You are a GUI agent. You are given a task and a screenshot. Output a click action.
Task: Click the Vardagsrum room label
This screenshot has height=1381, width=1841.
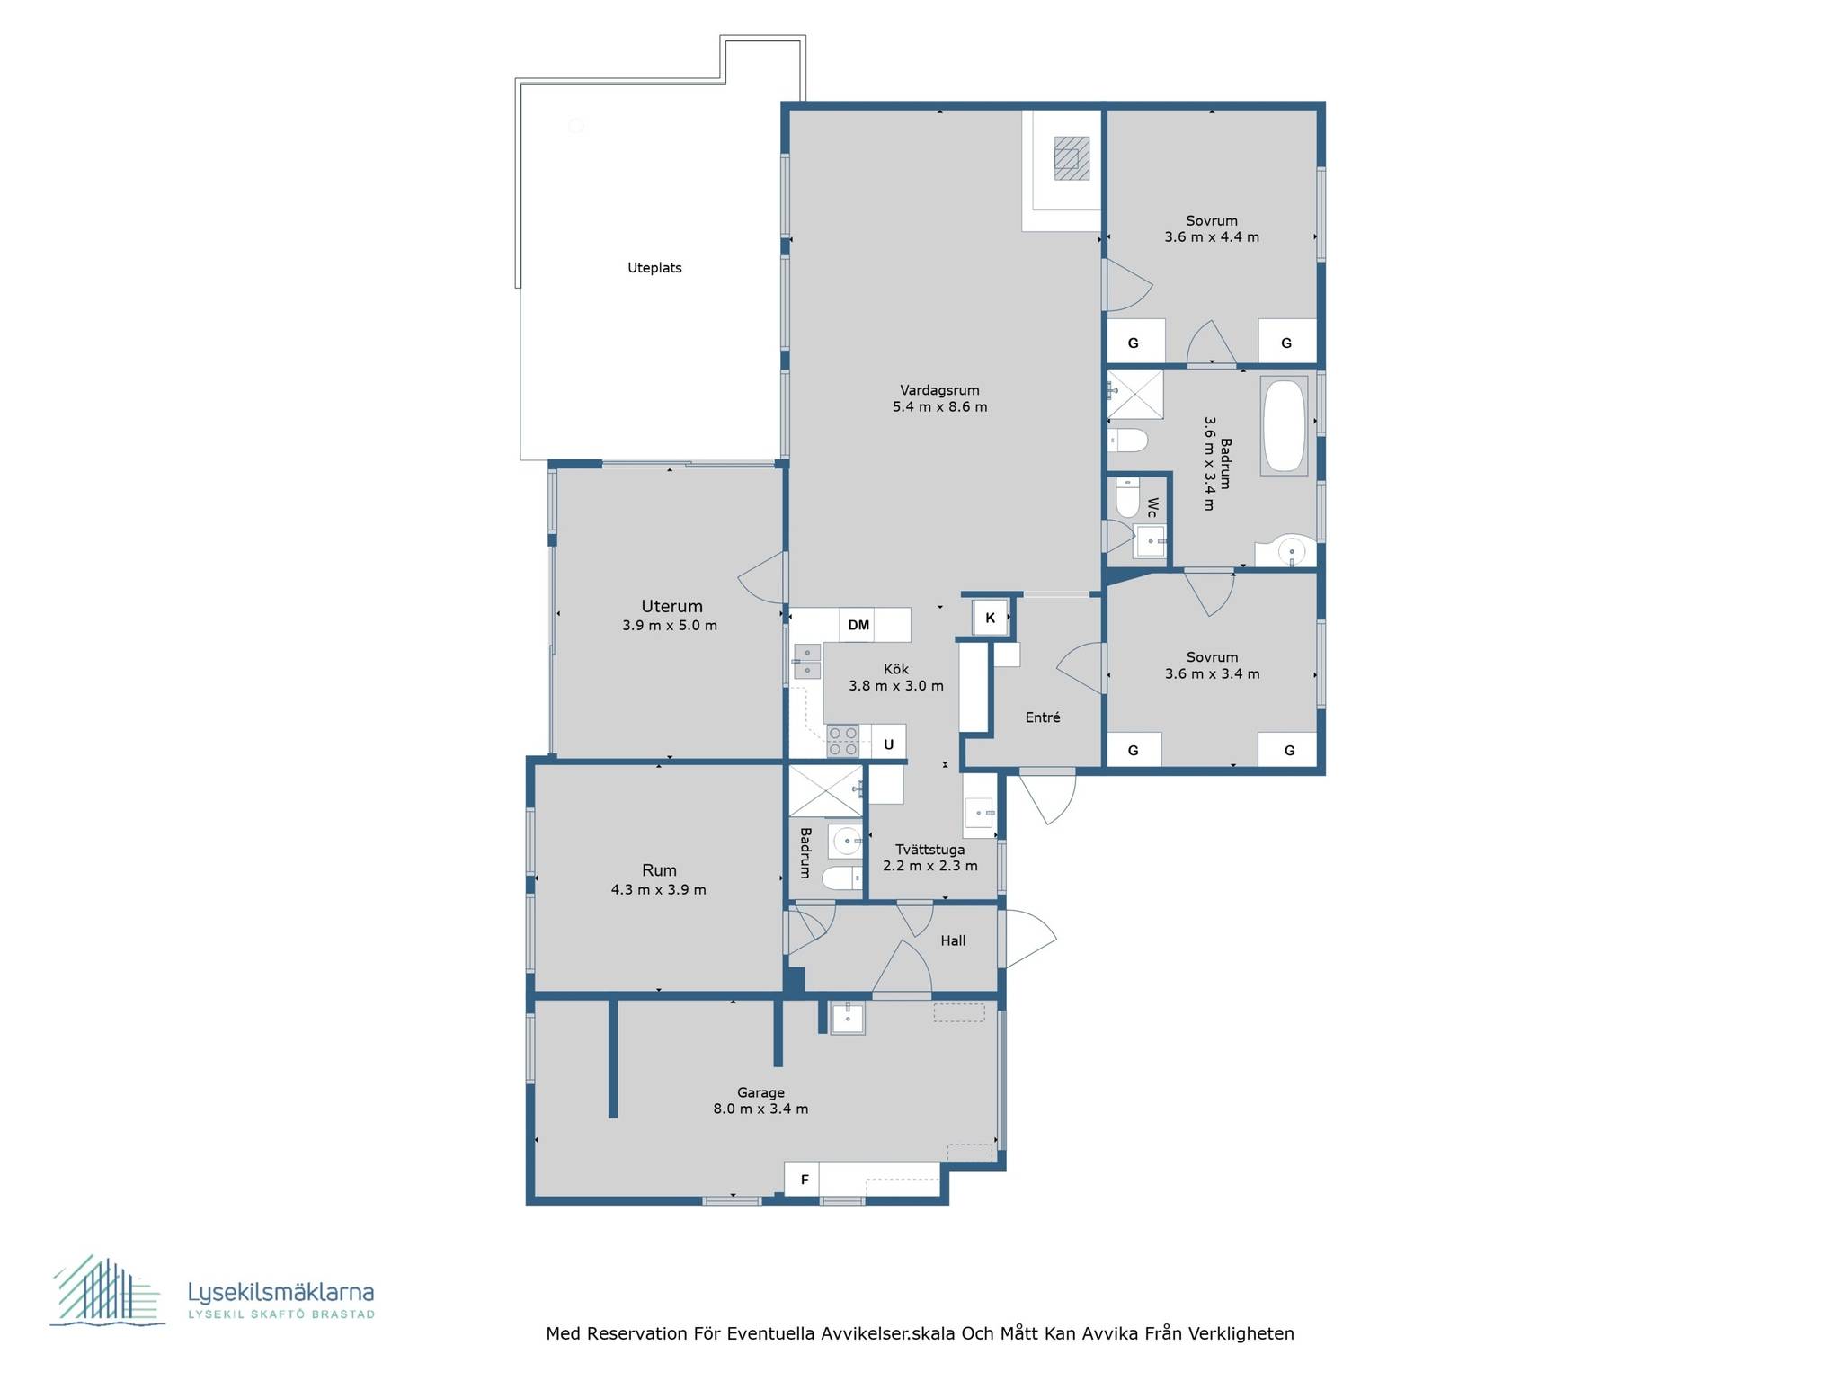click(x=939, y=390)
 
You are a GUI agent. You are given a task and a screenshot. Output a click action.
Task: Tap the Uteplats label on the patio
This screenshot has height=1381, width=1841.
click(x=654, y=268)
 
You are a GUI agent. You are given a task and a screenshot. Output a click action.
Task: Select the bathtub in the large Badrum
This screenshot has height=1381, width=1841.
click(x=1285, y=426)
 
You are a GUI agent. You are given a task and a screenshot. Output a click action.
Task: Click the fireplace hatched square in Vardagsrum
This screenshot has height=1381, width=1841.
click(x=1072, y=158)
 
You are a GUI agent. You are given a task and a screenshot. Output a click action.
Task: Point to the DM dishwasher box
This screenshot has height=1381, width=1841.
click(x=858, y=625)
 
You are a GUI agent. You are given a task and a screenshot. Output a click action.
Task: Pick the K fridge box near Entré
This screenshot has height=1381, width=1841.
click(x=991, y=618)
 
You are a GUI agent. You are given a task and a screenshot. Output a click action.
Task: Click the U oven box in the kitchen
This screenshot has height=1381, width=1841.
click(x=888, y=744)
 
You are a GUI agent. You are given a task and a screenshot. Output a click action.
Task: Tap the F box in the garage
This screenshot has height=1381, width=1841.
click(x=803, y=1180)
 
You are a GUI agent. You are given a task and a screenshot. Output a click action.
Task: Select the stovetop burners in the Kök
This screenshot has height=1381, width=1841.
click(x=843, y=742)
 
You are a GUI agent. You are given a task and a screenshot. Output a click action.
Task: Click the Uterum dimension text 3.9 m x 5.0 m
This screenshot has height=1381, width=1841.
click(x=670, y=626)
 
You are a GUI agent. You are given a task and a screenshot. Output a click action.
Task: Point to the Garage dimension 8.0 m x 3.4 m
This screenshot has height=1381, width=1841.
click(x=760, y=1109)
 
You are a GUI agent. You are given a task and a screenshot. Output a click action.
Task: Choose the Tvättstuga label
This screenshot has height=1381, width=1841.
click(x=930, y=850)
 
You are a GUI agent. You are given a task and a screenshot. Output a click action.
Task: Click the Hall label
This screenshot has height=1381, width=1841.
click(x=953, y=940)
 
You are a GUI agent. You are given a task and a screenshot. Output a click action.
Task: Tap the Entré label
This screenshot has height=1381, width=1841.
click(x=1043, y=717)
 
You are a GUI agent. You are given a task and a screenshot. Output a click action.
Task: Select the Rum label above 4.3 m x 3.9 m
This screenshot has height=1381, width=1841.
click(x=659, y=870)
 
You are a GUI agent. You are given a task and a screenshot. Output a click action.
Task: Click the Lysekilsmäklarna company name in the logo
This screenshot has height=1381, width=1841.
click(x=280, y=1293)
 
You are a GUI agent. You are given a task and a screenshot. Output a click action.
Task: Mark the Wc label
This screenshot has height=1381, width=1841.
click(x=1152, y=508)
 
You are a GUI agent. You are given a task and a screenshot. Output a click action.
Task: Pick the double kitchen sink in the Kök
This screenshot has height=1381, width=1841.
click(x=806, y=661)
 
